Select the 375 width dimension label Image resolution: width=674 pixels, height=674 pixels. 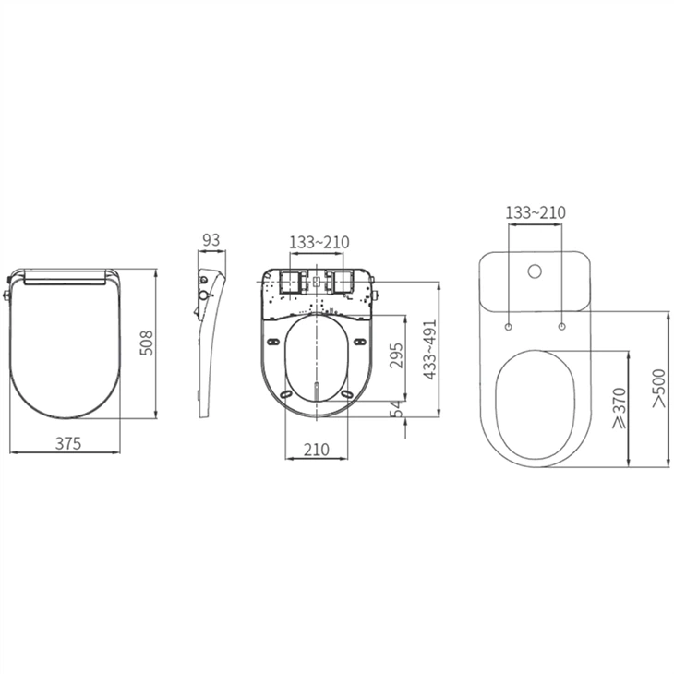(x=67, y=442)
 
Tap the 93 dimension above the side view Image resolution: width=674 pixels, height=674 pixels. (x=211, y=240)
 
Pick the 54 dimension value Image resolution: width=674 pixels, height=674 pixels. (x=395, y=407)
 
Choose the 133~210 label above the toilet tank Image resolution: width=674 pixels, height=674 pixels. (x=536, y=212)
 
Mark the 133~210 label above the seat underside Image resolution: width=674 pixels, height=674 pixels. (x=319, y=242)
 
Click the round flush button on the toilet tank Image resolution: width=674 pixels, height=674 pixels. (x=534, y=273)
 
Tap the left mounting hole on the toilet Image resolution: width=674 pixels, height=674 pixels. (x=509, y=326)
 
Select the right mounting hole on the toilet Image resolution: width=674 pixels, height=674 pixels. (x=561, y=326)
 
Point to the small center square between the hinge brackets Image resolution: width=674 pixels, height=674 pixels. (x=317, y=281)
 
